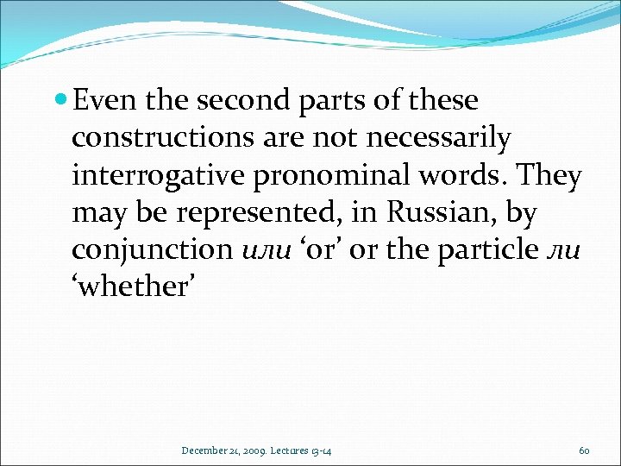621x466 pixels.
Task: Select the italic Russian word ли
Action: tap(569, 250)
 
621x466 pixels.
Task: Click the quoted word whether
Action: tap(136, 287)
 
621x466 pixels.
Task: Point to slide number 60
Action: tap(584, 450)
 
